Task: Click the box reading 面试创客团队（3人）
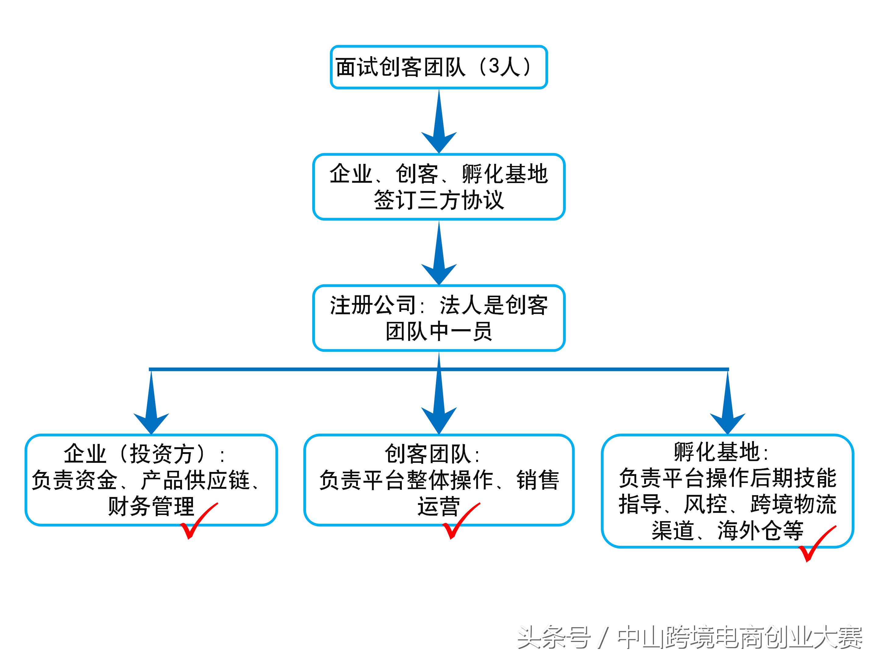[x=439, y=67]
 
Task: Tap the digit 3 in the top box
[x=493, y=66]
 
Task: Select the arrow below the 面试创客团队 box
[x=439, y=121]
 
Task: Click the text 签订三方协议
[x=439, y=200]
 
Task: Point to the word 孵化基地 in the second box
[x=505, y=174]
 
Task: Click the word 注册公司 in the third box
[x=372, y=305]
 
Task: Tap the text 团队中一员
[x=439, y=331]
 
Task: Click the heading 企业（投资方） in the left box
[x=135, y=454]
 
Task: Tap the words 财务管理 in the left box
[x=151, y=506]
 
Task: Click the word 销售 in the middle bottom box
[x=538, y=480]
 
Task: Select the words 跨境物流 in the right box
[x=793, y=505]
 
